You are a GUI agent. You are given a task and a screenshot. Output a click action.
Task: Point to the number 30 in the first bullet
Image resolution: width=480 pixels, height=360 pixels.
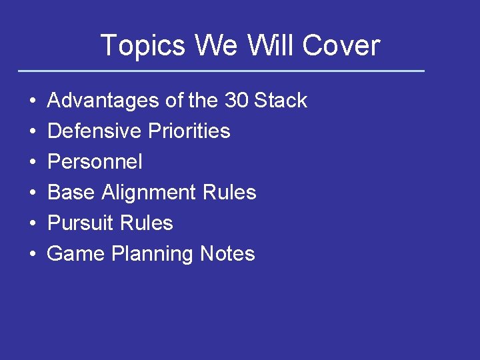[236, 101]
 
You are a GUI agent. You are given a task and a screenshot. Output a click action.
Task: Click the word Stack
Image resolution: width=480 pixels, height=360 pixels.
[281, 101]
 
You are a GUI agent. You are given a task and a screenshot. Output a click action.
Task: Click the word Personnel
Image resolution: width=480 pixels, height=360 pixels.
[95, 162]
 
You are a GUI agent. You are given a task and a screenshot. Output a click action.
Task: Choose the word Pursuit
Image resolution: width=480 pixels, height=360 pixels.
[81, 223]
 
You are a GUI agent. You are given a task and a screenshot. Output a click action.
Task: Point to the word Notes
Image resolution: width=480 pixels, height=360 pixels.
[227, 254]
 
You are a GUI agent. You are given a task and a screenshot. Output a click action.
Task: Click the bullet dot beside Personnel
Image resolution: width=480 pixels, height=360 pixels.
[33, 163]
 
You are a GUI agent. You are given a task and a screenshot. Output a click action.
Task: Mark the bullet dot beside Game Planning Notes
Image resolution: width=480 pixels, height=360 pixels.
[33, 255]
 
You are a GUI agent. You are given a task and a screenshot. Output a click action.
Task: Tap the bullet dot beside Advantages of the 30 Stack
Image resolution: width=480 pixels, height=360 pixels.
[33, 101]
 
